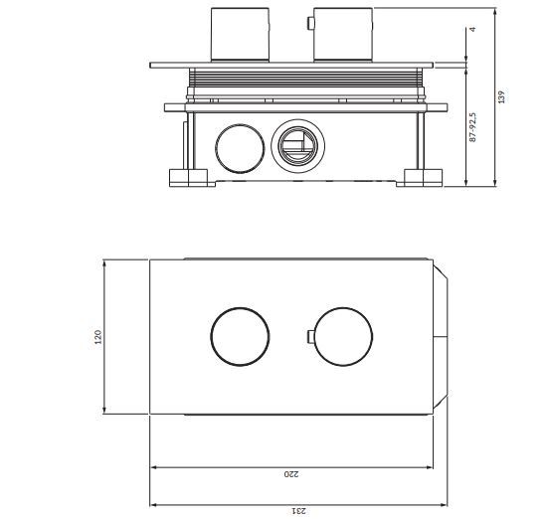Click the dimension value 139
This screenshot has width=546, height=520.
point(501,96)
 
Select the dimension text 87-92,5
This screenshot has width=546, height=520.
point(472,127)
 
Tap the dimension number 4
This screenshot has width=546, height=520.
point(472,30)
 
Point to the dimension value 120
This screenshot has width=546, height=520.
point(97,337)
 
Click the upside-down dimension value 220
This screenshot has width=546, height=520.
point(291,474)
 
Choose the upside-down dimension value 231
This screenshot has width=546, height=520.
point(298,511)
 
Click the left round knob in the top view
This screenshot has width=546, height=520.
point(240,337)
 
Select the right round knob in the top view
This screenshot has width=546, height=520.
point(343,337)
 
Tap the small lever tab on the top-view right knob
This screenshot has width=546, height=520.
point(310,337)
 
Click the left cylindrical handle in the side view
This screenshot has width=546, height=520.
point(240,35)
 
